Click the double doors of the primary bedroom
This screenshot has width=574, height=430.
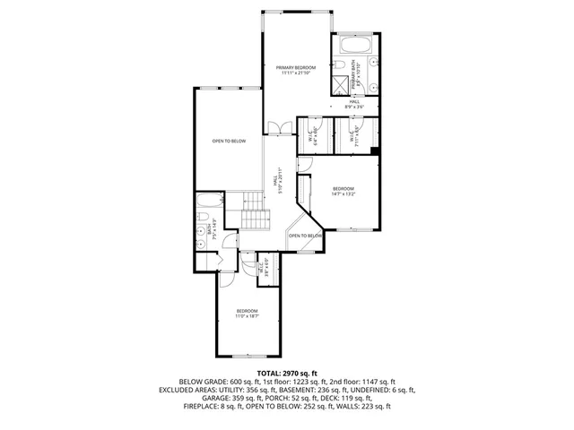click(281, 127)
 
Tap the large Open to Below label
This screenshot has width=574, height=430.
click(229, 142)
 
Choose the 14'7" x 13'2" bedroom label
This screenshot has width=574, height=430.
click(344, 191)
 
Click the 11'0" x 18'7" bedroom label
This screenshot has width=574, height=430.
click(247, 314)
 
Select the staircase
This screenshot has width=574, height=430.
click(257, 215)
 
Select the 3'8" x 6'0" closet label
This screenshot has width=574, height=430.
click(265, 266)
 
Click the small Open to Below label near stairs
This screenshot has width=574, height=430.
click(305, 236)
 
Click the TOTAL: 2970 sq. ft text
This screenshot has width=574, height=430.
click(287, 373)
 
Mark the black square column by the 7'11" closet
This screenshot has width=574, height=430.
click(373, 150)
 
